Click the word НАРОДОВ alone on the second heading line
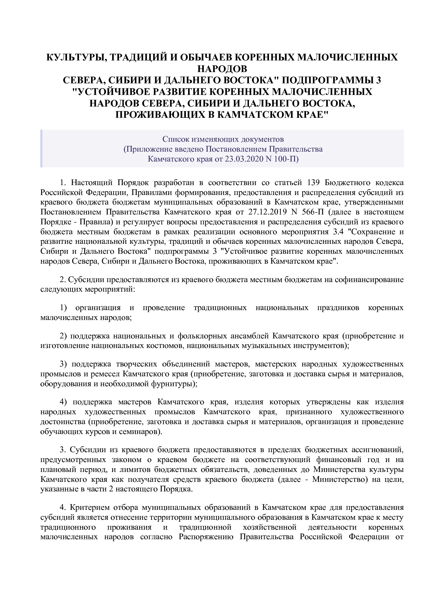pos(222,69)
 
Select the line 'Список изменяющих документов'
pos(223,139)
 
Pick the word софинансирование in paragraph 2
pos(369,280)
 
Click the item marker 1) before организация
pos(64,308)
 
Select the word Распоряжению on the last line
pos(206,537)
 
